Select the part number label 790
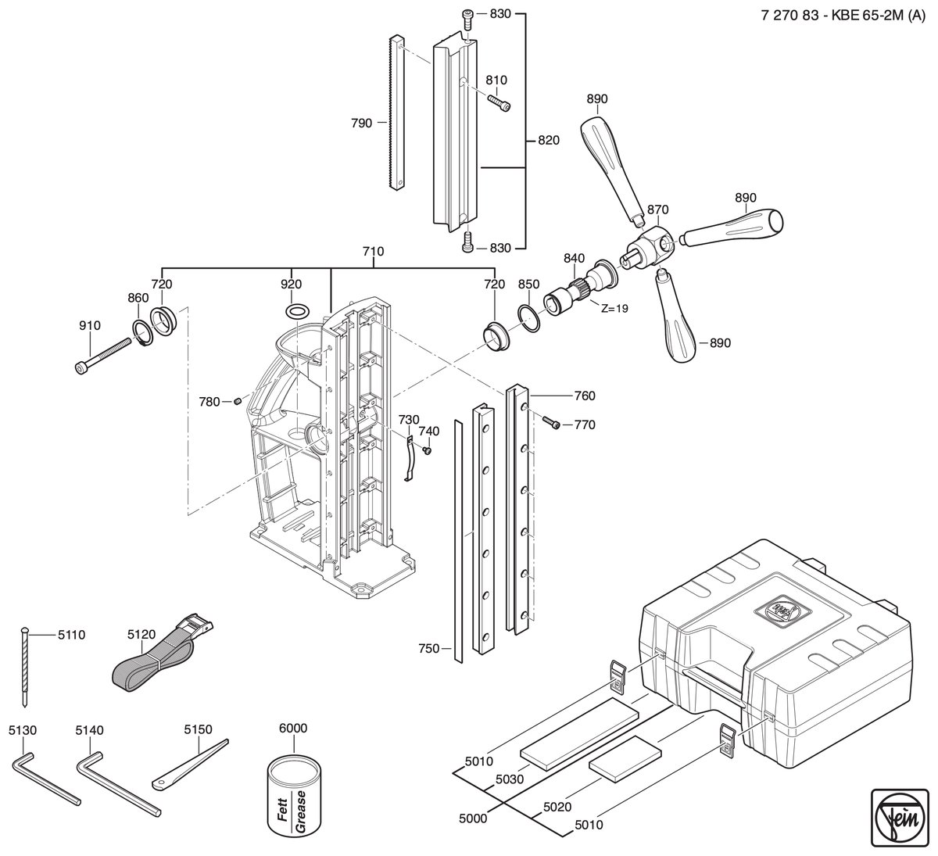point(361,124)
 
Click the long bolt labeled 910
point(103,356)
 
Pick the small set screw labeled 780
point(238,401)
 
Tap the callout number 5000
point(473,818)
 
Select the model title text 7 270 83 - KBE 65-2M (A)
point(843,16)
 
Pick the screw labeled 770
point(551,423)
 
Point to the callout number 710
point(373,252)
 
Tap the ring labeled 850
point(529,319)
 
